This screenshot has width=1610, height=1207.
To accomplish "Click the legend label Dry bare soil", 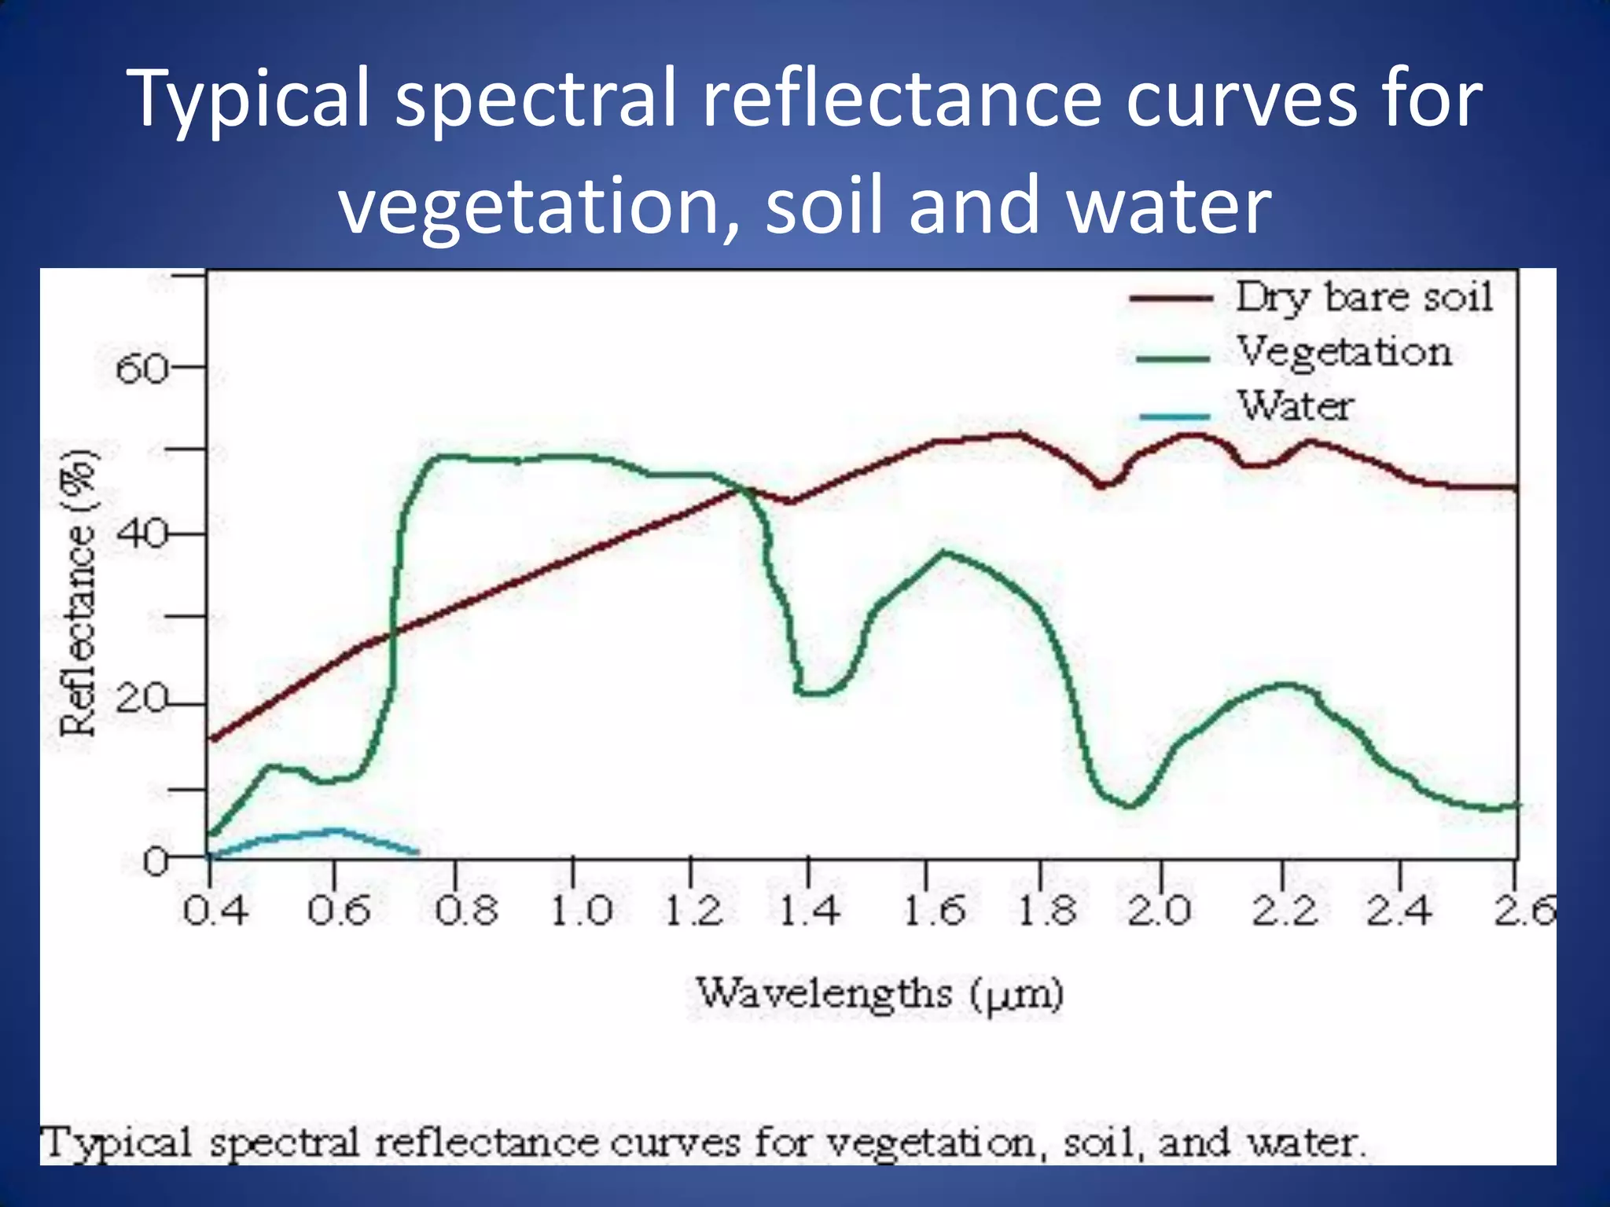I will [1364, 298].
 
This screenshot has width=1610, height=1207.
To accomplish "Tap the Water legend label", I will [1296, 406].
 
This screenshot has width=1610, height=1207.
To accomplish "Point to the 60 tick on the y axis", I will [142, 369].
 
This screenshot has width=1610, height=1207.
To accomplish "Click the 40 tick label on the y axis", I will [142, 535].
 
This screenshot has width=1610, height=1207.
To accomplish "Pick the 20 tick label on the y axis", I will [142, 699].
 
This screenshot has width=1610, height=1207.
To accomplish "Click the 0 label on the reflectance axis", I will [156, 862].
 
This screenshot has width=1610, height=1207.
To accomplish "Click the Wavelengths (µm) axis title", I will [880, 994].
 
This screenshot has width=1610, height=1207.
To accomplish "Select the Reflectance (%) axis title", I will [79, 593].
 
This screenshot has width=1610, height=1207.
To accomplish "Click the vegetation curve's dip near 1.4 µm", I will [814, 693].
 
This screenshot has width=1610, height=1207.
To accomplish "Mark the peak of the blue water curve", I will [334, 830].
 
